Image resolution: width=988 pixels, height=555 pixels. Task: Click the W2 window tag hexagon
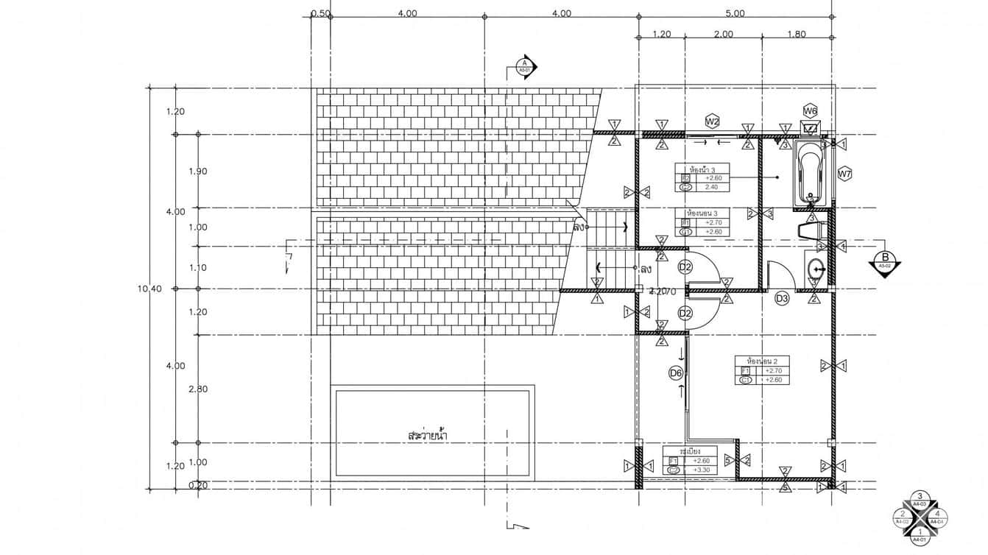pyautogui.click(x=712, y=121)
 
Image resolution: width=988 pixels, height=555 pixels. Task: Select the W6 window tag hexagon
pyautogui.click(x=811, y=111)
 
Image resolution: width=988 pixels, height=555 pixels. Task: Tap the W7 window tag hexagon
pyautogui.click(x=844, y=174)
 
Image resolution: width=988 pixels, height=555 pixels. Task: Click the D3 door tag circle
pyautogui.click(x=782, y=298)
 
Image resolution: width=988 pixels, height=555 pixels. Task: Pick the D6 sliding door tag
pyautogui.click(x=676, y=373)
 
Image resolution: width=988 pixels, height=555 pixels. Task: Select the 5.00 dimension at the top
pyautogui.click(x=735, y=13)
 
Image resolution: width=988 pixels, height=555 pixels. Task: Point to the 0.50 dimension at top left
pyautogui.click(x=320, y=13)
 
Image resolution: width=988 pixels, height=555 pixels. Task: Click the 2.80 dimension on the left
pyautogui.click(x=198, y=389)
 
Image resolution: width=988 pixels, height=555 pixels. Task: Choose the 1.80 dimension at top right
pyautogui.click(x=796, y=34)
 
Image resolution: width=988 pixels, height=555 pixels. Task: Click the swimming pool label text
pyautogui.click(x=428, y=436)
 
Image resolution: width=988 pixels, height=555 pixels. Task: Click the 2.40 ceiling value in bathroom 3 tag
pyautogui.click(x=711, y=188)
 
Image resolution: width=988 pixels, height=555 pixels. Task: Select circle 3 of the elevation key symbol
pyautogui.click(x=920, y=498)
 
